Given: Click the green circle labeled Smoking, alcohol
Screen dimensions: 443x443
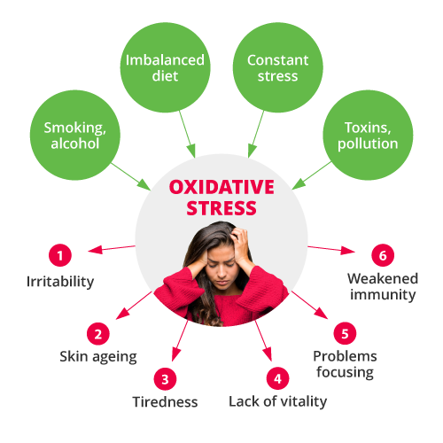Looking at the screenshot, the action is pyautogui.click(x=75, y=136).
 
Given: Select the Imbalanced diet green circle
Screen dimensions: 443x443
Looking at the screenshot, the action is pyautogui.click(x=166, y=67).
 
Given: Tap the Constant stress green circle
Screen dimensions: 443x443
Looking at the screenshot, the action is pyautogui.click(x=278, y=67).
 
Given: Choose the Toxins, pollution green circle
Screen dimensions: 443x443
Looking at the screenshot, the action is pyautogui.click(x=368, y=136).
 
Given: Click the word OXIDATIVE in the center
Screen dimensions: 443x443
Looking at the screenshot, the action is pyautogui.click(x=221, y=187).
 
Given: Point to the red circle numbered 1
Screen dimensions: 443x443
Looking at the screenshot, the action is pyautogui.click(x=60, y=255).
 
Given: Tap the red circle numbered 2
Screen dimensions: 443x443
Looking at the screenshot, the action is pyautogui.click(x=98, y=334).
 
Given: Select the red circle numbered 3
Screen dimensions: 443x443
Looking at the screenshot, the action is pyautogui.click(x=165, y=379).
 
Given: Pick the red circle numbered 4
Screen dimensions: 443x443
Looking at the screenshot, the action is pyautogui.click(x=277, y=378).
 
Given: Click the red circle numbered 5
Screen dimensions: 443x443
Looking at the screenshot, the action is pyautogui.click(x=345, y=333).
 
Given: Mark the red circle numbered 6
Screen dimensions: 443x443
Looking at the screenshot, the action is pyautogui.click(x=383, y=255).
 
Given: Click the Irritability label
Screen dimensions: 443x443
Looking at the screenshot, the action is pyautogui.click(x=60, y=282).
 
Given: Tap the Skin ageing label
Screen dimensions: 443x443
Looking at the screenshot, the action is pyautogui.click(x=98, y=357).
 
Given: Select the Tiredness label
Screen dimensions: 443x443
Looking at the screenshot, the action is pyautogui.click(x=165, y=402).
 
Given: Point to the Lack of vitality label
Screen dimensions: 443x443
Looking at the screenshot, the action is pyautogui.click(x=278, y=402).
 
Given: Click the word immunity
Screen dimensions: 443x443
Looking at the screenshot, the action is pyautogui.click(x=383, y=295).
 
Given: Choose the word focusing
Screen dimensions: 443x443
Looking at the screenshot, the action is pyautogui.click(x=346, y=372).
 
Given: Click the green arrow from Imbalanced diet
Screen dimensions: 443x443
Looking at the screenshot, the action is pyautogui.click(x=187, y=135).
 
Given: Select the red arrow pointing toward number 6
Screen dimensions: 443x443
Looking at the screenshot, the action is pyautogui.click(x=331, y=249).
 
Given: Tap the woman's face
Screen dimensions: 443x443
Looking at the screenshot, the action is pyautogui.click(x=223, y=268).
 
